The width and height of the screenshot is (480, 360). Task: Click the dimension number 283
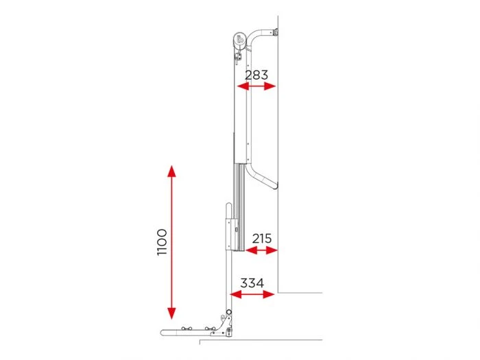(x=256, y=75)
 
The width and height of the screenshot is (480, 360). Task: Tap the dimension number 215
(x=261, y=239)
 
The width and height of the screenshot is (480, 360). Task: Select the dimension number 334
(x=252, y=283)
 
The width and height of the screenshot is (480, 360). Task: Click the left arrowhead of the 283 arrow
(x=239, y=86)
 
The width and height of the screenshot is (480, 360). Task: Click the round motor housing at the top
(x=239, y=40)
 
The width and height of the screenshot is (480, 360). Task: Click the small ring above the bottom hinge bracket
(x=227, y=315)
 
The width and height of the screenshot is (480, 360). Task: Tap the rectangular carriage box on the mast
(x=230, y=234)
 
